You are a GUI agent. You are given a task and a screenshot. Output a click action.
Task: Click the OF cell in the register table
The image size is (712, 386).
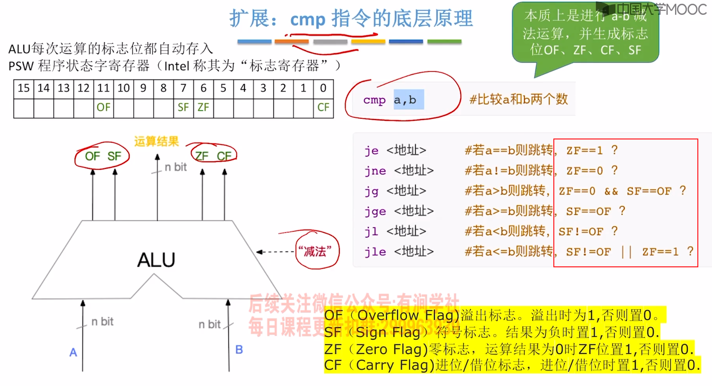pyautogui.click(x=103, y=107)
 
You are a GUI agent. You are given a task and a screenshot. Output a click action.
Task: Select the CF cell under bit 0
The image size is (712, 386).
pyautogui.click(x=323, y=107)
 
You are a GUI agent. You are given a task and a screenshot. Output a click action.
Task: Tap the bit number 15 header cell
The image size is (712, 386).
pyautogui.click(x=24, y=88)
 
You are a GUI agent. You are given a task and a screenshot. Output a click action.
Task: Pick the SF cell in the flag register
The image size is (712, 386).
pyautogui.click(x=183, y=107)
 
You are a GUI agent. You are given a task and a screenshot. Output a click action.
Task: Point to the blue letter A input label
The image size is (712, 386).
pyautogui.click(x=73, y=352)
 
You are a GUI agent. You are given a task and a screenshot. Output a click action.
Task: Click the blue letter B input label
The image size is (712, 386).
pyautogui.click(x=239, y=350)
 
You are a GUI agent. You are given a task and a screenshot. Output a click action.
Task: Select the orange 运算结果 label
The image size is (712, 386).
pyautogui.click(x=156, y=141)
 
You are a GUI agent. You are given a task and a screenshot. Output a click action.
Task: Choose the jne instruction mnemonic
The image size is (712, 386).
pyautogui.click(x=375, y=171)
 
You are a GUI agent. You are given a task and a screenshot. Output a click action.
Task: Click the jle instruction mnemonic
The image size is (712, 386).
pyautogui.click(x=375, y=252)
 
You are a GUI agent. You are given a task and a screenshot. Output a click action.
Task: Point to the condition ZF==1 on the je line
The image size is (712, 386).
pyautogui.click(x=584, y=151)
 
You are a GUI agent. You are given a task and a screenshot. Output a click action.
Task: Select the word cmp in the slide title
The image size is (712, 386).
pyautogui.click(x=308, y=19)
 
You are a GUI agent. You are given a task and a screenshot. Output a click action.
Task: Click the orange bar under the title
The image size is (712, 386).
pyautogui.click(x=292, y=41)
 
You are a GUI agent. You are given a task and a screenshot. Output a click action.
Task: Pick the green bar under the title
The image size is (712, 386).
pyautogui.click(x=444, y=41)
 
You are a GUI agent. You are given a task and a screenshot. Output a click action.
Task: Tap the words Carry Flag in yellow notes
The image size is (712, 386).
pyautogui.click(x=392, y=365)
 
